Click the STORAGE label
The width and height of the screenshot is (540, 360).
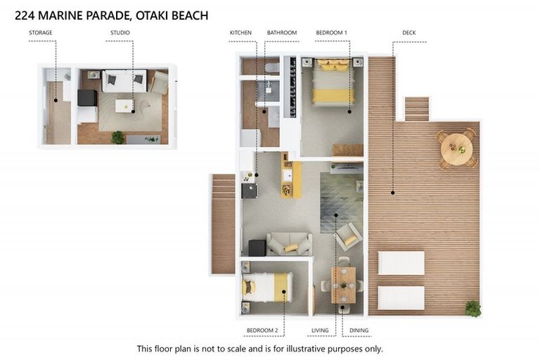(x=40, y=32)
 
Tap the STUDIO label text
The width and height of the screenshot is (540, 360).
(x=120, y=32)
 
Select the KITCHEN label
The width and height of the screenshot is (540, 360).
(x=240, y=32)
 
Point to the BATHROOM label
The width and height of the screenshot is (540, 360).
(x=281, y=32)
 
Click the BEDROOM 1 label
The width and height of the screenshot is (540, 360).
(x=331, y=32)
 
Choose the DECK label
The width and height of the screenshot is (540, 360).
(x=409, y=32)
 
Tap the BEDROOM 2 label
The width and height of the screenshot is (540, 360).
(x=262, y=330)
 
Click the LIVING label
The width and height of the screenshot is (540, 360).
(x=319, y=330)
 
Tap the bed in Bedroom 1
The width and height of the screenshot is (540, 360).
(x=333, y=84)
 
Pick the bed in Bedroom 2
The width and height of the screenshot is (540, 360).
(x=266, y=287)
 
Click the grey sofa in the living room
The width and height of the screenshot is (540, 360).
(x=289, y=243)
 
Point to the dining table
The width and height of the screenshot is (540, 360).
(x=344, y=285)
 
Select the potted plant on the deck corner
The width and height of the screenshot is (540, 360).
(x=472, y=308)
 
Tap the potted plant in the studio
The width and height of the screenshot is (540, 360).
(x=117, y=137)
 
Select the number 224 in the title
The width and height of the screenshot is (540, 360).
(x=25, y=14)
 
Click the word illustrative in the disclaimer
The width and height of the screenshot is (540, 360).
(x=309, y=348)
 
